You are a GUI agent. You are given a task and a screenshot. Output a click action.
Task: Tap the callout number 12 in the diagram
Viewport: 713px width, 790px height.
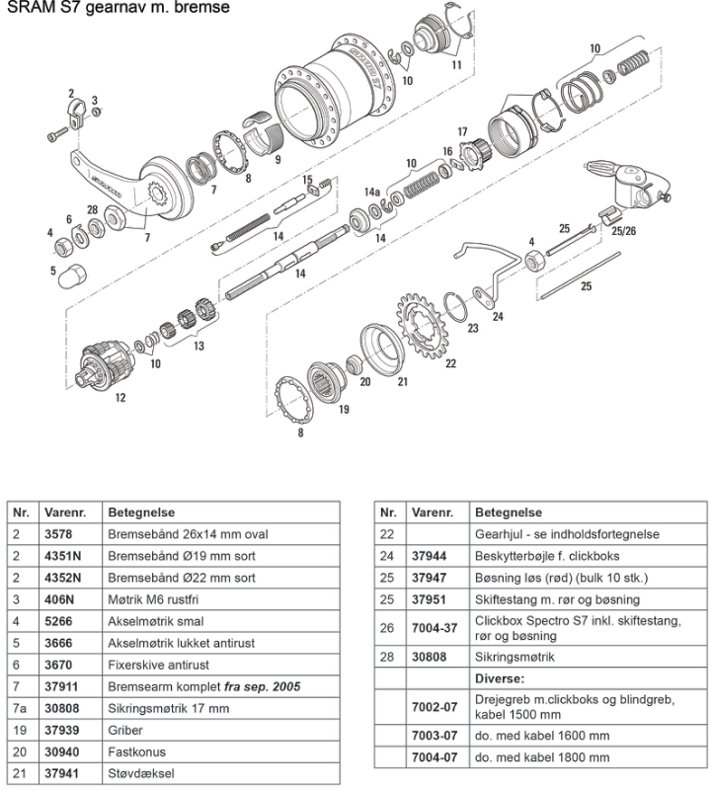click(119, 398)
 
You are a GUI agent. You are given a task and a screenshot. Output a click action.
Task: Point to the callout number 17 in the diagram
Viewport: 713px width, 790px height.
click(461, 130)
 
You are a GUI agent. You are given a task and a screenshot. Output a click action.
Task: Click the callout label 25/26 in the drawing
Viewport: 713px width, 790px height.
click(624, 232)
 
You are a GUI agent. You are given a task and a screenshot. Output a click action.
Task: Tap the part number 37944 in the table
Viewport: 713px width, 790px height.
click(430, 556)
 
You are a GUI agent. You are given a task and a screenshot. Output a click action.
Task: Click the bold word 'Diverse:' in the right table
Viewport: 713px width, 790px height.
click(500, 679)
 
